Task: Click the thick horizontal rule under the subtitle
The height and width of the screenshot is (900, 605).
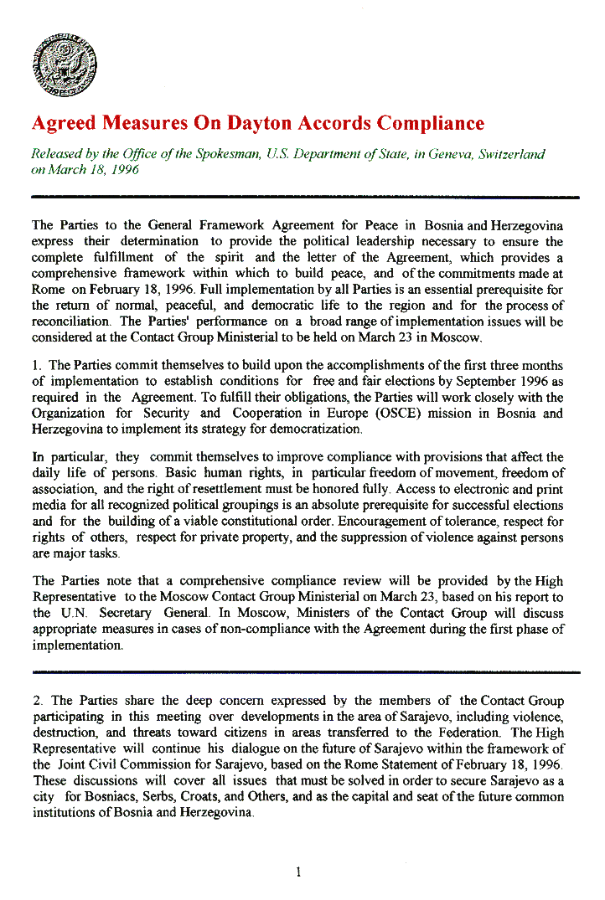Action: pyautogui.click(x=305, y=197)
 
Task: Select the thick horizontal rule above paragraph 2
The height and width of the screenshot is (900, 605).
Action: pyautogui.click(x=305, y=671)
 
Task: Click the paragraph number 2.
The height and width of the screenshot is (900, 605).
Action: pyautogui.click(x=36, y=701)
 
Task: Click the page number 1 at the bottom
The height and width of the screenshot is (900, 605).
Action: pyautogui.click(x=298, y=872)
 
